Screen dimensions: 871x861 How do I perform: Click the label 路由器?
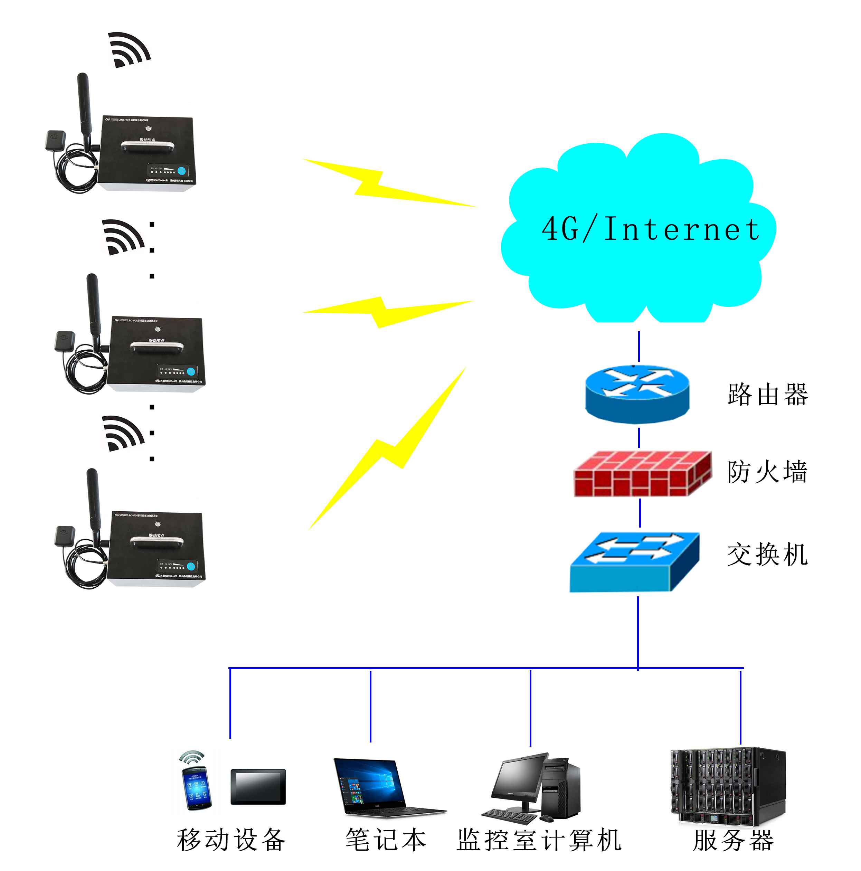(x=767, y=395)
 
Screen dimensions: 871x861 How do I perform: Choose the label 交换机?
(x=767, y=554)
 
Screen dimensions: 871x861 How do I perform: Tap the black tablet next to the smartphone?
(x=258, y=786)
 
